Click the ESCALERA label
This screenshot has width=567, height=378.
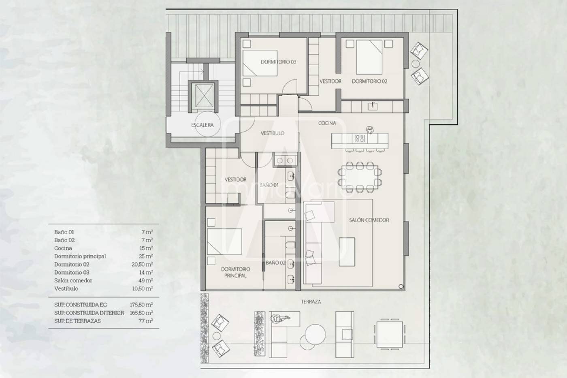(202, 125)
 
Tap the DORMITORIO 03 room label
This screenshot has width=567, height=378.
(279, 62)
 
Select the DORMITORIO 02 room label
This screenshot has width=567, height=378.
(369, 81)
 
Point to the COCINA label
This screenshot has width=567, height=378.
(327, 123)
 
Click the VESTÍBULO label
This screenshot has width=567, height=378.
(272, 133)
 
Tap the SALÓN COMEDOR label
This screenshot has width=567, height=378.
(369, 220)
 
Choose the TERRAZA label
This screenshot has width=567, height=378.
(311, 301)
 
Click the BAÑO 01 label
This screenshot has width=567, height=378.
(269, 185)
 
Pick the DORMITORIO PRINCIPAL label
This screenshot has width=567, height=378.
(235, 272)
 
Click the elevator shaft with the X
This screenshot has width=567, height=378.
(203, 96)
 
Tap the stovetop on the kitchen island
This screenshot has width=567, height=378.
(360, 138)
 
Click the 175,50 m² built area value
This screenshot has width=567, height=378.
(141, 305)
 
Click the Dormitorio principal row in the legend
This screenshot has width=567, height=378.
(104, 256)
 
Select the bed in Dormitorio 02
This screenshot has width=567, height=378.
(369, 57)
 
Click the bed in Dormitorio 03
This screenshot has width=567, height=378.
(260, 63)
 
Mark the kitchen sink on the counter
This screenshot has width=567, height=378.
(372, 106)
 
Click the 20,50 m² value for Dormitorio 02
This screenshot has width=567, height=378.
(142, 264)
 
